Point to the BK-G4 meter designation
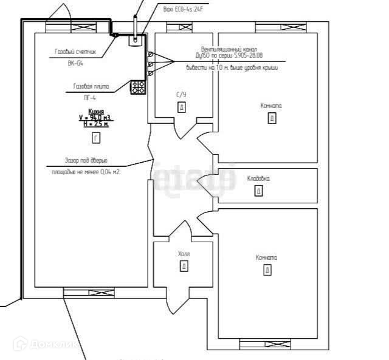[x=75, y=62]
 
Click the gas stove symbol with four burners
[x=139, y=87]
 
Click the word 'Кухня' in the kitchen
[x=95, y=112]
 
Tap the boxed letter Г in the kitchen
[x=95, y=138]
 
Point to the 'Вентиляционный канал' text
[x=229, y=49]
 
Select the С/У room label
[x=181, y=95]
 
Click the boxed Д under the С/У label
[x=181, y=107]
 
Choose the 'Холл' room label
[x=184, y=254]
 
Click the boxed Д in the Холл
[x=183, y=266]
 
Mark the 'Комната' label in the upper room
[x=271, y=106]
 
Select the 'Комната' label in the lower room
[x=266, y=257]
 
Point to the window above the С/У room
[x=179, y=27]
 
